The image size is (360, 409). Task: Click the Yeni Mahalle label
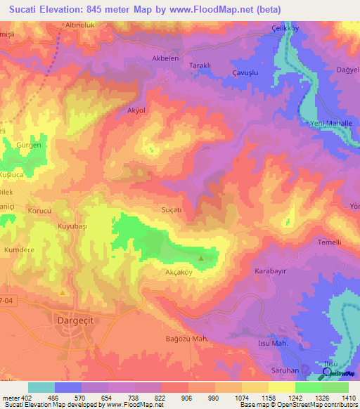click(x=330, y=123)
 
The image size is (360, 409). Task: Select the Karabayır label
click(x=270, y=270)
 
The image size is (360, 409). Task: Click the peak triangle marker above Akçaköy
click(x=202, y=259)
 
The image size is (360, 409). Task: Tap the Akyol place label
click(x=136, y=110)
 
